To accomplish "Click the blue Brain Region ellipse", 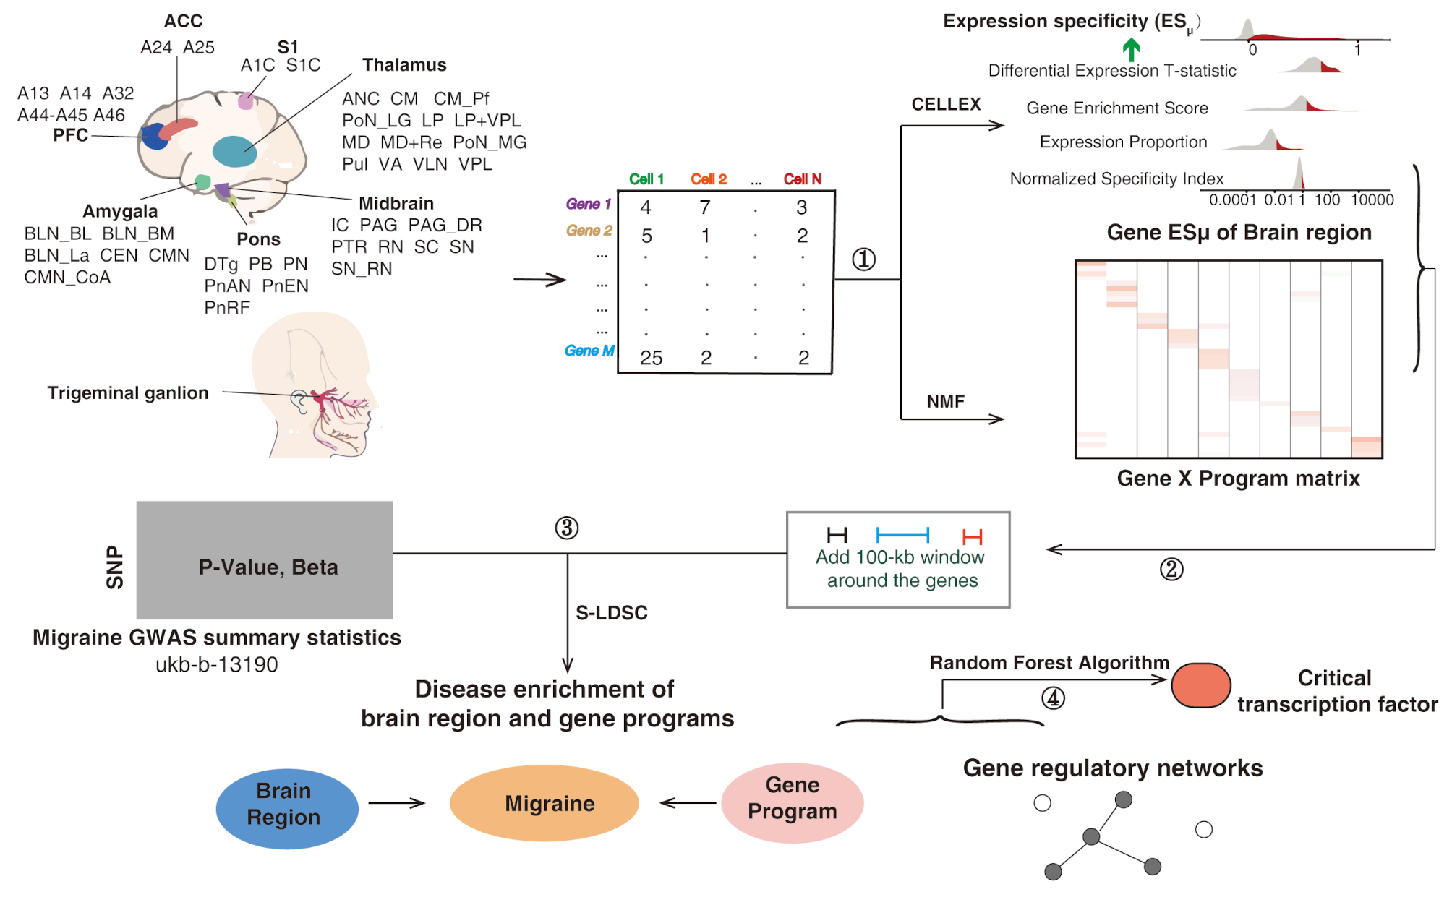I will click(x=287, y=807).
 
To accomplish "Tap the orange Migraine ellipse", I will click(x=544, y=803).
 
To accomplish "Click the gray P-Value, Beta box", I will click(x=265, y=560).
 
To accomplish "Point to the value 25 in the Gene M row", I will click(x=651, y=358).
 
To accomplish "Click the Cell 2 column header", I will click(x=709, y=179).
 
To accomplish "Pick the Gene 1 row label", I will click(x=588, y=205).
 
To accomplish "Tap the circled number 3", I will click(x=567, y=528).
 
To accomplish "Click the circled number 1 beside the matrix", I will click(x=863, y=259).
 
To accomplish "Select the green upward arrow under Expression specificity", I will click(x=1131, y=50).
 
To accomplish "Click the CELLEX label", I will click(x=946, y=105).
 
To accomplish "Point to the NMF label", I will click(x=945, y=401).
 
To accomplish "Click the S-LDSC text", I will click(x=611, y=613).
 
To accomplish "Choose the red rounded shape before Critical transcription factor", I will click(x=1201, y=685).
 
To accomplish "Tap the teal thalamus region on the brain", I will click(x=234, y=150).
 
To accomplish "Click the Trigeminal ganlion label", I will click(x=128, y=392).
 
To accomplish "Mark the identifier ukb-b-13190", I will click(x=216, y=664).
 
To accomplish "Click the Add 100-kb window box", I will click(x=898, y=560).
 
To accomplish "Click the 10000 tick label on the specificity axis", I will click(x=1372, y=200).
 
